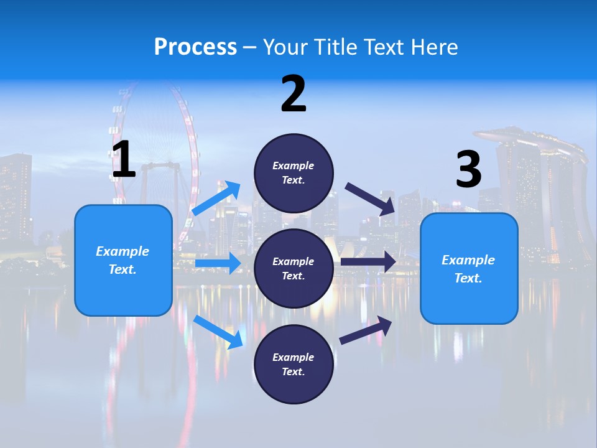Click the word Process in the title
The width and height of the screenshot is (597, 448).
click(x=195, y=47)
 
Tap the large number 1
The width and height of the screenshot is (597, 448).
click(x=124, y=159)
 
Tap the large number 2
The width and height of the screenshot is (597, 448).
click(x=294, y=94)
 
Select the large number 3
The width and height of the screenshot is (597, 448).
click(x=468, y=169)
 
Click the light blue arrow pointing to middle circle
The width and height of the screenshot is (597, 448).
click(x=218, y=263)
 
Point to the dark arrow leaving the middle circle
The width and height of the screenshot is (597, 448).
click(x=368, y=262)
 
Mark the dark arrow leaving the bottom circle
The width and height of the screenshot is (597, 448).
click(x=366, y=330)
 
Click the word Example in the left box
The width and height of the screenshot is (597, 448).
click(x=123, y=251)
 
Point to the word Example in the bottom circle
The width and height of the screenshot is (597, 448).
click(x=293, y=357)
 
